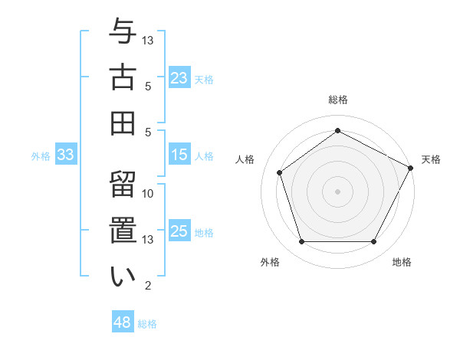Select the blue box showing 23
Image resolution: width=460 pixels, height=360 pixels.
[179, 77]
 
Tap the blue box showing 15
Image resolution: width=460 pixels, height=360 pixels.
[179, 155]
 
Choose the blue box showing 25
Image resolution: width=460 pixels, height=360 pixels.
[179, 231]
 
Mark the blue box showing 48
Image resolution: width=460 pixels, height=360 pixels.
[123, 322]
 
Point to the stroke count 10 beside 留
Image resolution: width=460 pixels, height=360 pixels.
[148, 194]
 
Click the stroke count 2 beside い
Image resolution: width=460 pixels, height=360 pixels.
[148, 286]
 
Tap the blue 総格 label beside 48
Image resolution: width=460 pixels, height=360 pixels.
[147, 324]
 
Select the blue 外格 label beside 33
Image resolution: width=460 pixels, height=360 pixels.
[41, 156]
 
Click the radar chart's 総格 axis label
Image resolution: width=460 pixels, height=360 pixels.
[337, 100]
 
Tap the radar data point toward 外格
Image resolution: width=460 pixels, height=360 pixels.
[301, 242]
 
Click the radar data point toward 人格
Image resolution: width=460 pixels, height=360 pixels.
[280, 172]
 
